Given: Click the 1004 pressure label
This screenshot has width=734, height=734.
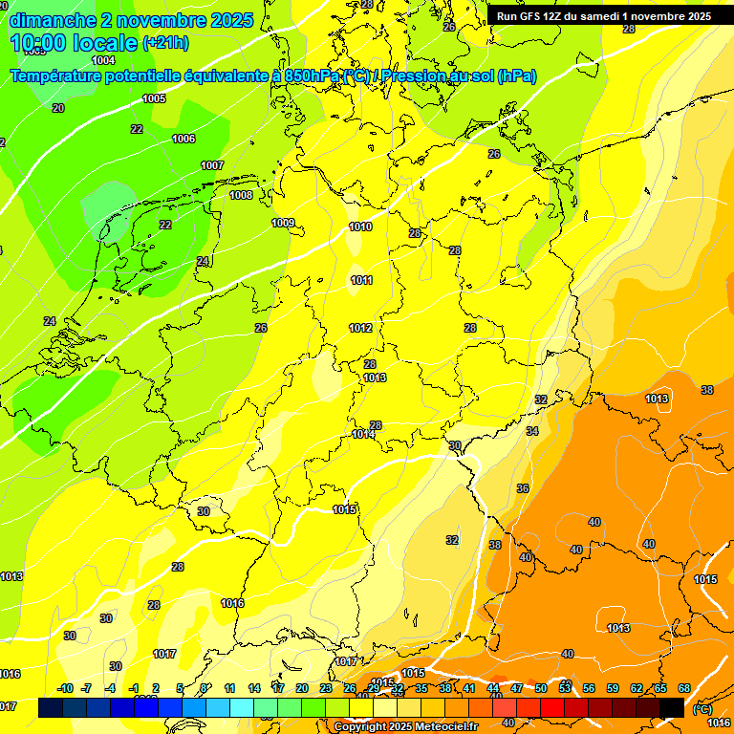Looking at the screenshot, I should (x=103, y=60).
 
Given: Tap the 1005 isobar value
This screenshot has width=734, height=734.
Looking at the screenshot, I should (x=154, y=98).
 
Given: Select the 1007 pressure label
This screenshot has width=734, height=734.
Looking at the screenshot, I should (x=212, y=165).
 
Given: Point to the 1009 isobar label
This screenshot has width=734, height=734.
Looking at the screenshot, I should (x=283, y=223).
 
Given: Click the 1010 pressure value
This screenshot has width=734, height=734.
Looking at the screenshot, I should (x=360, y=227).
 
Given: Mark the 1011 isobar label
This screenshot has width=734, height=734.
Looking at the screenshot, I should (x=361, y=280).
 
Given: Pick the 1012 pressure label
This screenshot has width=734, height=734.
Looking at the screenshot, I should (x=360, y=328).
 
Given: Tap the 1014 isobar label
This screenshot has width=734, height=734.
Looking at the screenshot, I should (x=363, y=434).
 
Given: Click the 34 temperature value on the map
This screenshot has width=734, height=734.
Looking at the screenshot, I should (x=532, y=431).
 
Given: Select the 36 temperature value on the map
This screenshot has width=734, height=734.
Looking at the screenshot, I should (x=523, y=488).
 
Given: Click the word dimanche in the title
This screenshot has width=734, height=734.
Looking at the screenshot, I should (x=54, y=20).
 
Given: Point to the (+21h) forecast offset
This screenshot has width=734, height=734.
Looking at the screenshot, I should (x=165, y=43).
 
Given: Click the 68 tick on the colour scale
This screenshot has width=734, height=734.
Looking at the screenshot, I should (x=684, y=688).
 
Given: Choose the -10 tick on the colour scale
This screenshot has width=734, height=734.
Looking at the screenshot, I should (x=65, y=688).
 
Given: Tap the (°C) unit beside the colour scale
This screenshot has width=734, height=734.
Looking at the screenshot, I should (x=701, y=709).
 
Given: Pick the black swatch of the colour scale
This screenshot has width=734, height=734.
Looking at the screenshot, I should (x=671, y=707).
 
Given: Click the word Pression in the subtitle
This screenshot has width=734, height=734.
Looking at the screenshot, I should (x=419, y=76).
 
